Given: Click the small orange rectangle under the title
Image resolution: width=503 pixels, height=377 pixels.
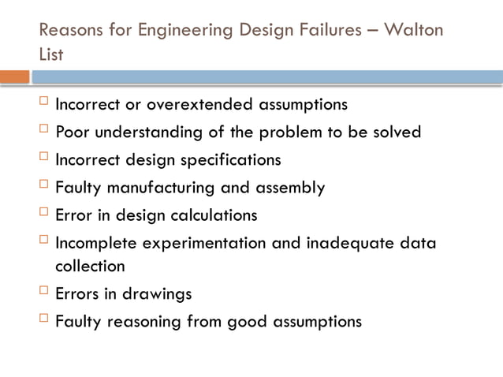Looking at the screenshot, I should click(x=14, y=77).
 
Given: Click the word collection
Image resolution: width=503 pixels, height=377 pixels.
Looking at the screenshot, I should click(x=89, y=266).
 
